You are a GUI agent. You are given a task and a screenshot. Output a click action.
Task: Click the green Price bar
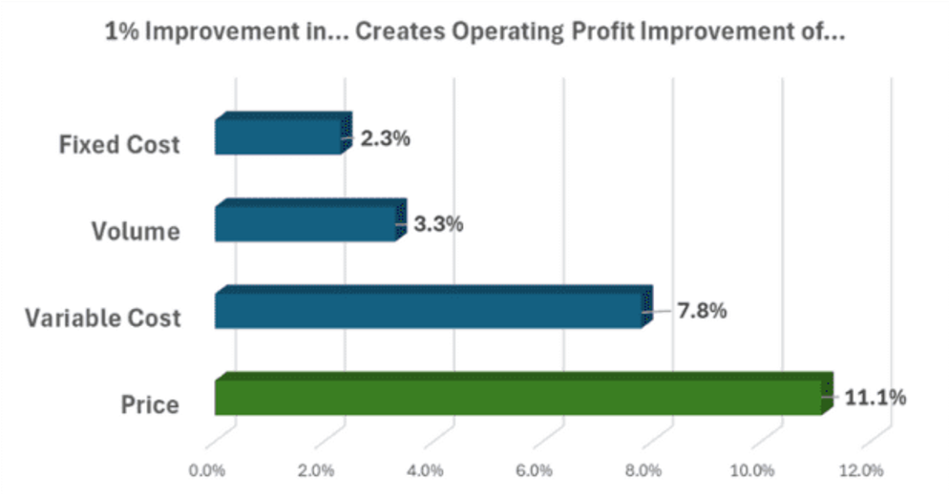coord(520,395)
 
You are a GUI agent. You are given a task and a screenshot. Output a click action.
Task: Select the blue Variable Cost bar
coord(430,309)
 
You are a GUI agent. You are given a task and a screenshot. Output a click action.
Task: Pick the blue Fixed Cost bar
coord(280,135)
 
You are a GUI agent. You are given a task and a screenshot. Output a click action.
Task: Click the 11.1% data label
coord(875,397)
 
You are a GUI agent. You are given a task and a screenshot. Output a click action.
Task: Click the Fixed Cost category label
coord(119,145)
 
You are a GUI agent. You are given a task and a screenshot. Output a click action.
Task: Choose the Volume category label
coord(136,232)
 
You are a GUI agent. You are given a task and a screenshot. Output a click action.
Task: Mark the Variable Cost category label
coord(103,318)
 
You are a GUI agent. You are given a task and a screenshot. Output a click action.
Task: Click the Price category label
coord(150,404)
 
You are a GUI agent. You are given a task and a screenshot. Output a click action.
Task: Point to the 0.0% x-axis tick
coord(207,470)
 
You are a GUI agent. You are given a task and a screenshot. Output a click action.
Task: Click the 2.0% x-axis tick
coord(316,470)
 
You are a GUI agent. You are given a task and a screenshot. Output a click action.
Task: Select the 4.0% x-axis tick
coord(425,470)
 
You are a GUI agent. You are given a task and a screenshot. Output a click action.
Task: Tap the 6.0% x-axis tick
coord(535,470)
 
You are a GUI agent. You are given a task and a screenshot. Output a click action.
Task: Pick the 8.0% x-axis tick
coord(643,470)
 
